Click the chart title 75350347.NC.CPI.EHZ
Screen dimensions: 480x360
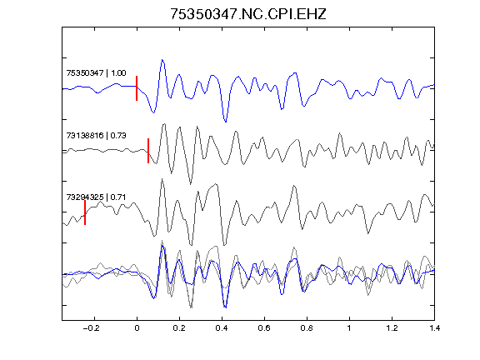[248, 14]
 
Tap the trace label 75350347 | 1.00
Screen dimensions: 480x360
[96, 72]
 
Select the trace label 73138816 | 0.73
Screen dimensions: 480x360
[96, 135]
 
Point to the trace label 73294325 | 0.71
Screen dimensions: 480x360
[96, 197]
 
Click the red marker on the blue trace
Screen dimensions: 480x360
[137, 88]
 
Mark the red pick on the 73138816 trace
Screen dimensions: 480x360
[148, 151]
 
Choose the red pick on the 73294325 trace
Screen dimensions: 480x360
[85, 212]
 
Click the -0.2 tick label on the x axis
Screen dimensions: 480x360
[92, 328]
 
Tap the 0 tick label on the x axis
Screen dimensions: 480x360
[137, 328]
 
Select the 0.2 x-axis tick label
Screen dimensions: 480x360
[179, 328]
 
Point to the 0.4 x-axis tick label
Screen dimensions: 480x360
[222, 328]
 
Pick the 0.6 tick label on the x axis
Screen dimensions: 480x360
[264, 328]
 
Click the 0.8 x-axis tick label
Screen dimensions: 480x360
[307, 328]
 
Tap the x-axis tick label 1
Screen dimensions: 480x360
[349, 328]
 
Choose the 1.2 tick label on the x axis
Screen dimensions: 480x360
[392, 328]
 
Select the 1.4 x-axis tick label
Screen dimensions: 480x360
[434, 328]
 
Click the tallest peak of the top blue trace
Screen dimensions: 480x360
[162, 60]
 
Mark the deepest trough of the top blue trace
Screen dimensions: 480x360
[226, 122]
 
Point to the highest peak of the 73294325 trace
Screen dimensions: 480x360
[162, 179]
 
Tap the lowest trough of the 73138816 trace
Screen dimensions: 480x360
[191, 184]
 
